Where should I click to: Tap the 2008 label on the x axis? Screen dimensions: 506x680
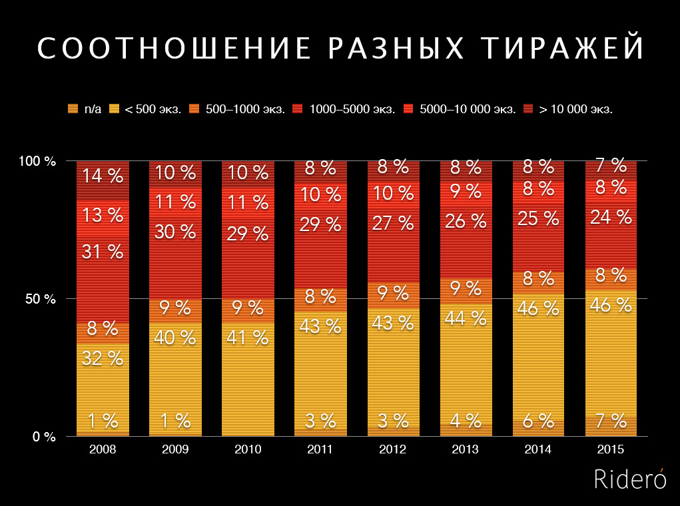pyautogui.click(x=103, y=450)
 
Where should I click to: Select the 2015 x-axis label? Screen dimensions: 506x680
pyautogui.click(x=611, y=450)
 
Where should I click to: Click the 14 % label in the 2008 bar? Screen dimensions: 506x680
pyautogui.click(x=103, y=176)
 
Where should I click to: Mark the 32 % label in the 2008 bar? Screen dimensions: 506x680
pyautogui.click(x=103, y=358)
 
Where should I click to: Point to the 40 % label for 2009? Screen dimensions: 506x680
pyautogui.click(x=175, y=338)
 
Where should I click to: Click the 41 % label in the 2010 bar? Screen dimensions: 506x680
pyautogui.click(x=248, y=337)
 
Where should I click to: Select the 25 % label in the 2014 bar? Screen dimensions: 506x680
pyautogui.click(x=538, y=218)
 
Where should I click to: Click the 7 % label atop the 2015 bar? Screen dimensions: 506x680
pyautogui.click(x=611, y=165)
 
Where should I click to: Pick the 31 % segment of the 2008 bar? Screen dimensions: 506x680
pyautogui.click(x=103, y=252)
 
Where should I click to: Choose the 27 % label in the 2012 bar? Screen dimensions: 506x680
pyautogui.click(x=393, y=223)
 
